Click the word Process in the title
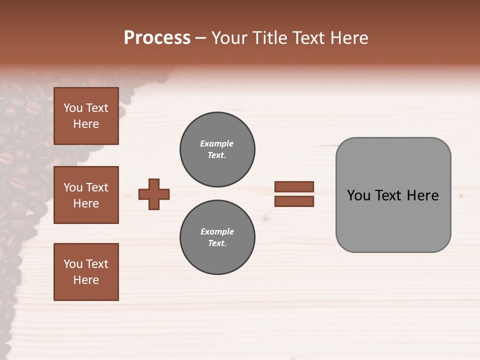coord(157,38)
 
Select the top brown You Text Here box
coord(86,116)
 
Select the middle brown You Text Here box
coord(86,195)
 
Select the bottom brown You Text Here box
coord(86,272)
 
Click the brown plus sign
coord(154,194)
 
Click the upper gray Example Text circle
coord(217,149)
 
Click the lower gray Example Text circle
coord(217,237)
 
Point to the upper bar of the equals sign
coord(294,186)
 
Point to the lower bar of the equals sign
coord(294,201)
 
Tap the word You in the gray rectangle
coord(358,195)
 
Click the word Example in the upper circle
coord(216,143)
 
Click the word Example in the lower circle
coord(217,231)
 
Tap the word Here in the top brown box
coord(86,124)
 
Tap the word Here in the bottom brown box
coord(86,280)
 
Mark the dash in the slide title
coord(201,38)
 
